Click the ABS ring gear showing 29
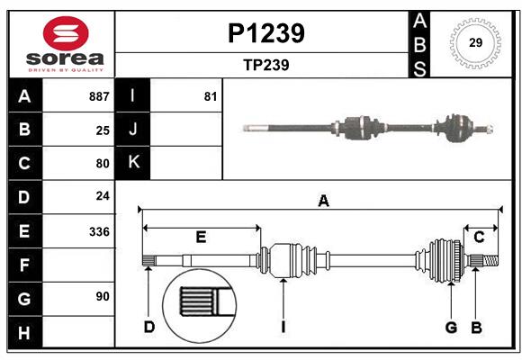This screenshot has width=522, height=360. tap(474, 43)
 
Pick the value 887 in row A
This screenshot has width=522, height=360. tap(99, 96)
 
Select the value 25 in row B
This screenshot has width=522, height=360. tap(103, 130)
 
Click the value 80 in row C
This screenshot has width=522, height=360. tap(103, 164)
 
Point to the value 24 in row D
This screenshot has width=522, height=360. tap(103, 196)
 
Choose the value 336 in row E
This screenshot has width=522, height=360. tap(99, 231)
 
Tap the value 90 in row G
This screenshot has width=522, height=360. tap(103, 295)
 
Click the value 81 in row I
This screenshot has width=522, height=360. tap(211, 96)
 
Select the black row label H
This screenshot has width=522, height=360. tap(24, 333)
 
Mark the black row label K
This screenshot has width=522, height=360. tap(133, 162)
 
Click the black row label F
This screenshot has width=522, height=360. tap(24, 265)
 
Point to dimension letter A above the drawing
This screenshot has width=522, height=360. tap(323, 202)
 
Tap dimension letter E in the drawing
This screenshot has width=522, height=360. tap(201, 237)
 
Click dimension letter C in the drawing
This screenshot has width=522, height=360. tap(479, 237)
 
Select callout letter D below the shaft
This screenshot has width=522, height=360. tap(148, 326)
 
